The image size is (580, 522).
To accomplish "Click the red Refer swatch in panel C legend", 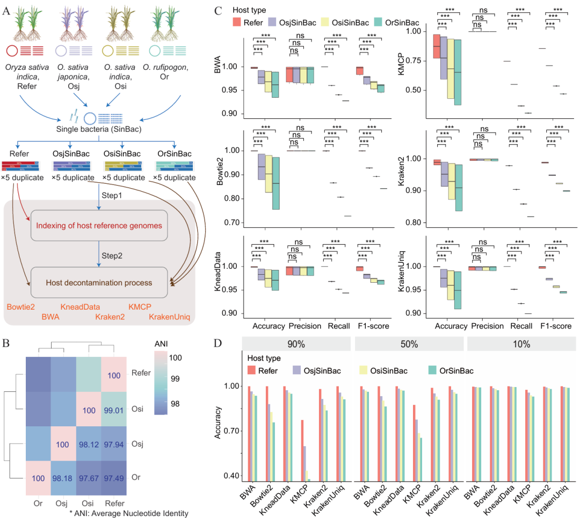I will pyautogui.click(x=237, y=23).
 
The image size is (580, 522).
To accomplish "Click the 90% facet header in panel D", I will pyautogui.click(x=295, y=343).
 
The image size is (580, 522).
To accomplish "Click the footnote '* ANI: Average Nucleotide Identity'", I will pyautogui.click(x=128, y=513).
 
